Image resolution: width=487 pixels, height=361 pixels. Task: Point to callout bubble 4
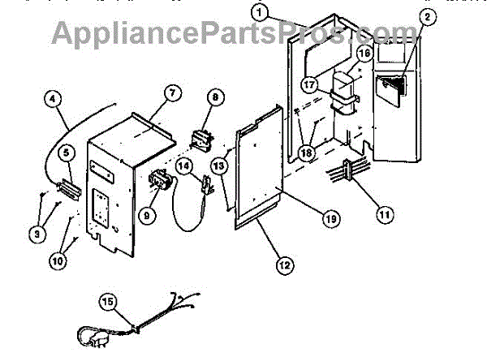click(54, 100)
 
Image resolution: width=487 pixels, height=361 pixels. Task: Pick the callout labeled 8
click(215, 97)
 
